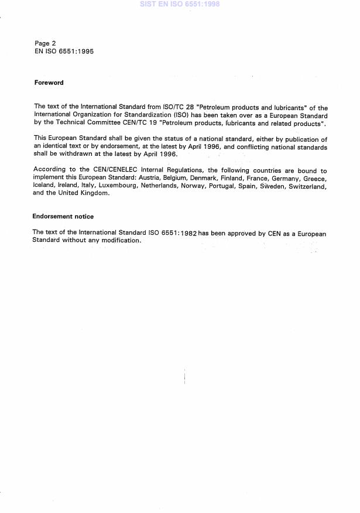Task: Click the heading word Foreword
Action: click(49, 83)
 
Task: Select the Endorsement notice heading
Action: click(63, 216)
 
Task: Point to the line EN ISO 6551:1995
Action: click(64, 52)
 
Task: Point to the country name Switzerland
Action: click(304, 185)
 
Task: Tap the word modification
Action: click(121, 240)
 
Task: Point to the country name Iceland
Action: click(45, 185)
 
